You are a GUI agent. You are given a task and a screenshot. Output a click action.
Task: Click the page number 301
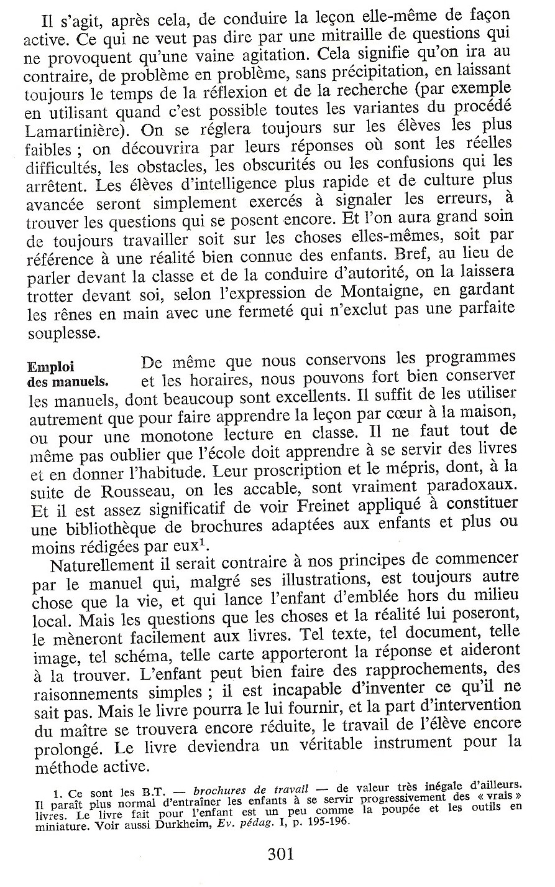(280, 853)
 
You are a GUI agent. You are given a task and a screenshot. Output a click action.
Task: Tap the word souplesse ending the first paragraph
(63, 333)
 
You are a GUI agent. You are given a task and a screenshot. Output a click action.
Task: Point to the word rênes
(67, 315)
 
